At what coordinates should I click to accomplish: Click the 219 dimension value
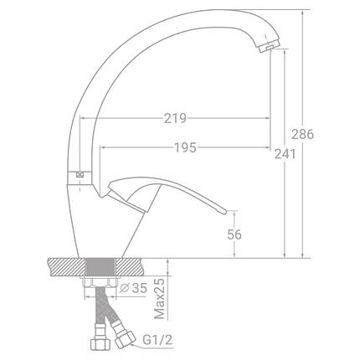tap(175, 118)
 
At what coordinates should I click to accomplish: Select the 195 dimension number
tap(185, 147)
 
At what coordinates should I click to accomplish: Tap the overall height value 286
tap(302, 134)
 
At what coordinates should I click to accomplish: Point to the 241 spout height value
tap(285, 154)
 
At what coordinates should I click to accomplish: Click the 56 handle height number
tap(234, 234)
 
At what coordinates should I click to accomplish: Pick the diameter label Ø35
tap(133, 288)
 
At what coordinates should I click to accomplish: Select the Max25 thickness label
tap(160, 299)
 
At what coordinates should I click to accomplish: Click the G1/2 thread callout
tap(157, 340)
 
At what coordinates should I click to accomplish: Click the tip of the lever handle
tap(225, 212)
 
